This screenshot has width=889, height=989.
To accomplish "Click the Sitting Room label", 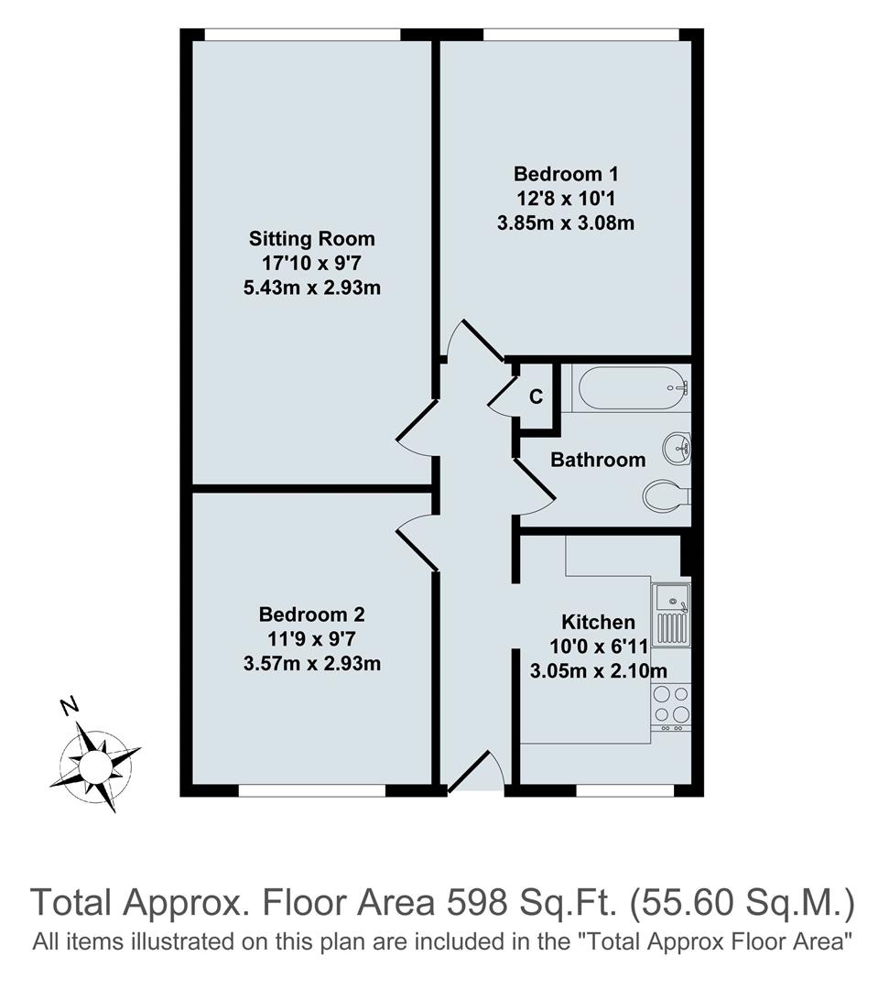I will point(312,239).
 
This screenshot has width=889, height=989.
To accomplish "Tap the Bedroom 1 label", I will point(559,173).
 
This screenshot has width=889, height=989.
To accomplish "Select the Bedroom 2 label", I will point(312,614).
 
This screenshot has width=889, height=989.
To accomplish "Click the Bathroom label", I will point(598,460).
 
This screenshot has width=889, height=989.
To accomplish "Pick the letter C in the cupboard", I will point(537,397).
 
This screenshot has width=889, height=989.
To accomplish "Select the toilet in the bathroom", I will point(667,497).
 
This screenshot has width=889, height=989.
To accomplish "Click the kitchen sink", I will point(673,614).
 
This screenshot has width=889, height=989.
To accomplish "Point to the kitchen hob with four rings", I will point(671,703).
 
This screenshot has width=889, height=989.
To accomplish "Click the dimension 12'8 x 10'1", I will point(559,197).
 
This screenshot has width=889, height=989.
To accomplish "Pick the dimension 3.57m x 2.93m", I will point(312,663).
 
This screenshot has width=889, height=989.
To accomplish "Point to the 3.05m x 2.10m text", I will point(598,671).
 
